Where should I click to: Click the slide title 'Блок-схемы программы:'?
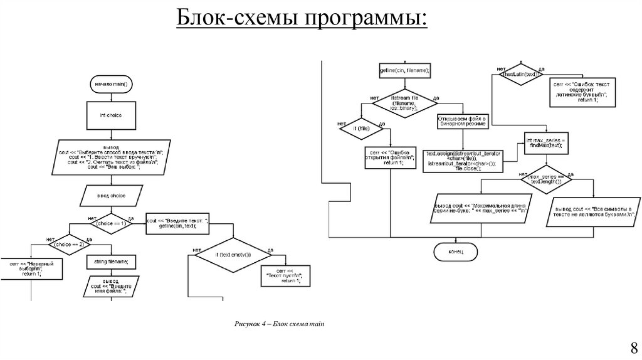(x=300, y=19)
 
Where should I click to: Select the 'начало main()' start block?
(x=111, y=84)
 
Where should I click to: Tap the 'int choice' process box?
(x=111, y=115)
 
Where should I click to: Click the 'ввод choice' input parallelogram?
(x=111, y=196)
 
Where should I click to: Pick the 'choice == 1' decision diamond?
(x=111, y=223)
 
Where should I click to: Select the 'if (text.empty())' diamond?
(x=231, y=254)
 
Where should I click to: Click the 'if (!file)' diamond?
(x=360, y=129)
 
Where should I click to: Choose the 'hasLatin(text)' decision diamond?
(x=520, y=74)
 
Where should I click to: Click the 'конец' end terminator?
(x=456, y=251)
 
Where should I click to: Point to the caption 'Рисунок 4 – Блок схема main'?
(x=280, y=324)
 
